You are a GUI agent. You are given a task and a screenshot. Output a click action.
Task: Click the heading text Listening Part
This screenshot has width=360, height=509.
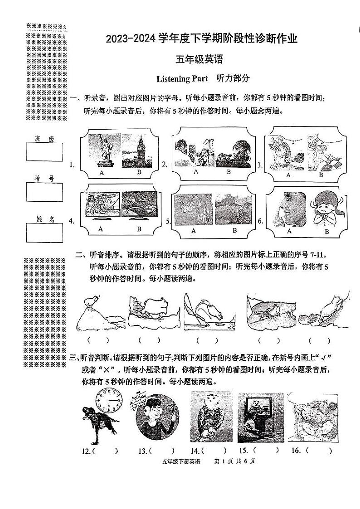coord(180,79)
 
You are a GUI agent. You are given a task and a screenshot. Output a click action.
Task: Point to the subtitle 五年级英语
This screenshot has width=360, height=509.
coord(200,60)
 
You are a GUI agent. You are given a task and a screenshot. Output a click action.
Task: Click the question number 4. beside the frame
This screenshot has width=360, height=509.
coord(72,221)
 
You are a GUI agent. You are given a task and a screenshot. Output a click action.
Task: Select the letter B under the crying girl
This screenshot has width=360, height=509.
coord(326,232)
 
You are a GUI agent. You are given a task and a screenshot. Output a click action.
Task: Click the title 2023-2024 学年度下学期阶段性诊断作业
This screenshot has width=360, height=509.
coord(202,39)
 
